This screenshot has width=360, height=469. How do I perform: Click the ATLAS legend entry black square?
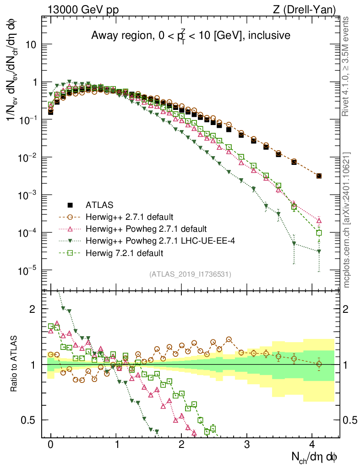[70, 204]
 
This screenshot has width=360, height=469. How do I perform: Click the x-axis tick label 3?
[247, 444]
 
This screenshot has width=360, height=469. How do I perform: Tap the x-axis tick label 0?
[51, 444]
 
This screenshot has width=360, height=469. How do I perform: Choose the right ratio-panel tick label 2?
[349, 309]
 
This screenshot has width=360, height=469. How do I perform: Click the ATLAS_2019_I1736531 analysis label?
[190, 274]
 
